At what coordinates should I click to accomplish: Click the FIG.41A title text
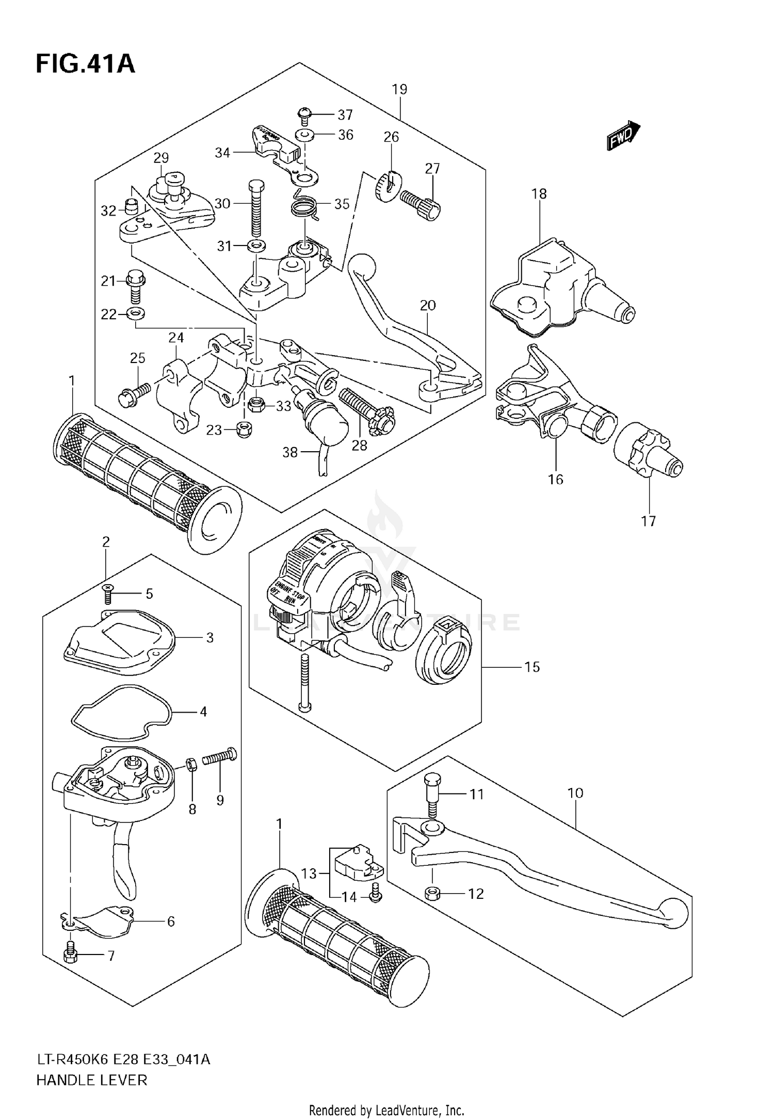coord(85,64)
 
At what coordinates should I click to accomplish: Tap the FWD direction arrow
coord(623,136)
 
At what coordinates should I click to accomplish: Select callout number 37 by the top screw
coord(345,114)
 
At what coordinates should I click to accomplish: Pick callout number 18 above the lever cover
coord(539,194)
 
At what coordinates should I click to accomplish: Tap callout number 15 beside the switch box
coord(532,667)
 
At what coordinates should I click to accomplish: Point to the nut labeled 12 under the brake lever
coord(432,893)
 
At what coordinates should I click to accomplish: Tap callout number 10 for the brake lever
coord(575,793)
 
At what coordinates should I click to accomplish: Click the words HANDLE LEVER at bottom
coord(92,1079)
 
